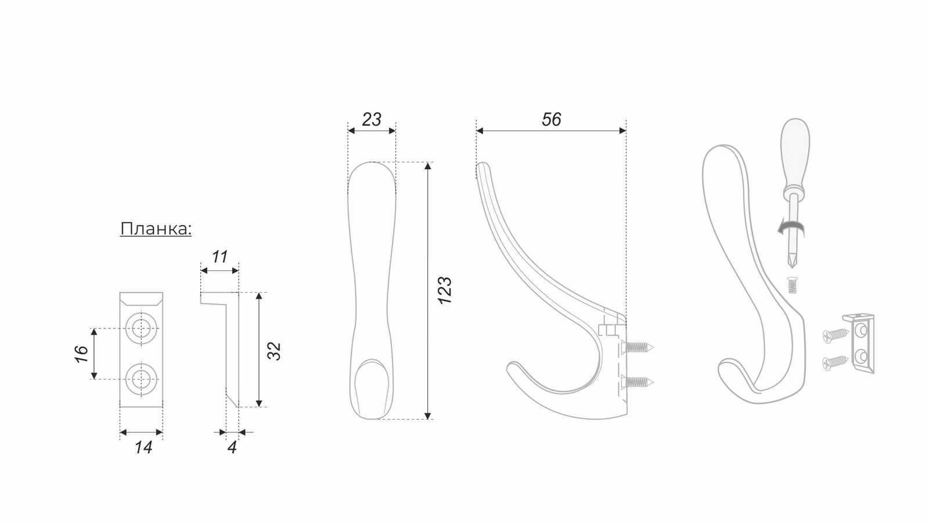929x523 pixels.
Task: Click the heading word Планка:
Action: pos(156,229)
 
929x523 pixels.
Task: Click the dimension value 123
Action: pos(445,290)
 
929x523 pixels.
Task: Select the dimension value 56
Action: pos(551,120)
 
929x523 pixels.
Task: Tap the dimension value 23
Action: pos(371,120)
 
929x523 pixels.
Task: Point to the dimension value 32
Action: pos(274,351)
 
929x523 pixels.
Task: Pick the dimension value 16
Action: pos(82,354)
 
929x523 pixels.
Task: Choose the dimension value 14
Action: pos(143,447)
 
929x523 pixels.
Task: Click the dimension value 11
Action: pos(220,257)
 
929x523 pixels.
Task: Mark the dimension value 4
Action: pos(232,447)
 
